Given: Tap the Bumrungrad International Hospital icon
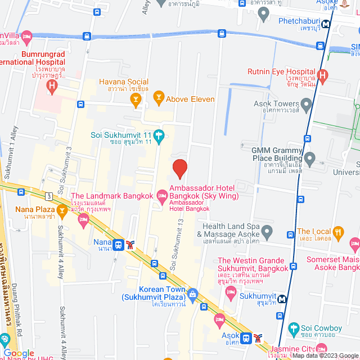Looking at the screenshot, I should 52,86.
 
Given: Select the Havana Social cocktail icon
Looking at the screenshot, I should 135,100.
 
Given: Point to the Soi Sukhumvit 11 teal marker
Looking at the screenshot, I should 159,135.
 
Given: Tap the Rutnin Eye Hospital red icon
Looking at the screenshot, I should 322,75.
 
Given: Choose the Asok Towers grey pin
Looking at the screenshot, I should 306,104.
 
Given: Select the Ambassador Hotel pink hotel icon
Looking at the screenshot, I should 162,196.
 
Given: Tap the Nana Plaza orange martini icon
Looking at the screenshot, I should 62,210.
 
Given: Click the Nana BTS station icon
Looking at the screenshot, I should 118,245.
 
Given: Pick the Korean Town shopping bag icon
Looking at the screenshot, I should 193,293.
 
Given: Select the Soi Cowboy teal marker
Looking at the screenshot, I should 292,328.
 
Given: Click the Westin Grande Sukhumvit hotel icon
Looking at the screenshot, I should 230,292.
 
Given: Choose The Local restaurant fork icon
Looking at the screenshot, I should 338,231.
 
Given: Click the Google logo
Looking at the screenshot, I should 19,353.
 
